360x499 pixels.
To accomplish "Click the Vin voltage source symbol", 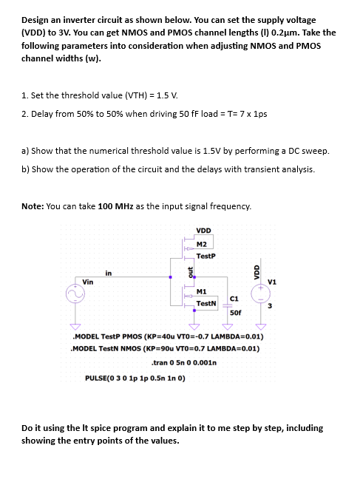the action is click(75, 296).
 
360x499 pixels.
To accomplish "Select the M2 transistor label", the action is click(201, 242).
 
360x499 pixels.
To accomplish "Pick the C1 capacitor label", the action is click(235, 297).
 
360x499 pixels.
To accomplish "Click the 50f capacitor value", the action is click(235, 313).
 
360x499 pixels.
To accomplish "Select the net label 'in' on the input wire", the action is click(109, 274).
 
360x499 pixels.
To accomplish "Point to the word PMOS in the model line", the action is click(139, 336).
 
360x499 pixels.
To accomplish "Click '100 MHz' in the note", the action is click(113, 205).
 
